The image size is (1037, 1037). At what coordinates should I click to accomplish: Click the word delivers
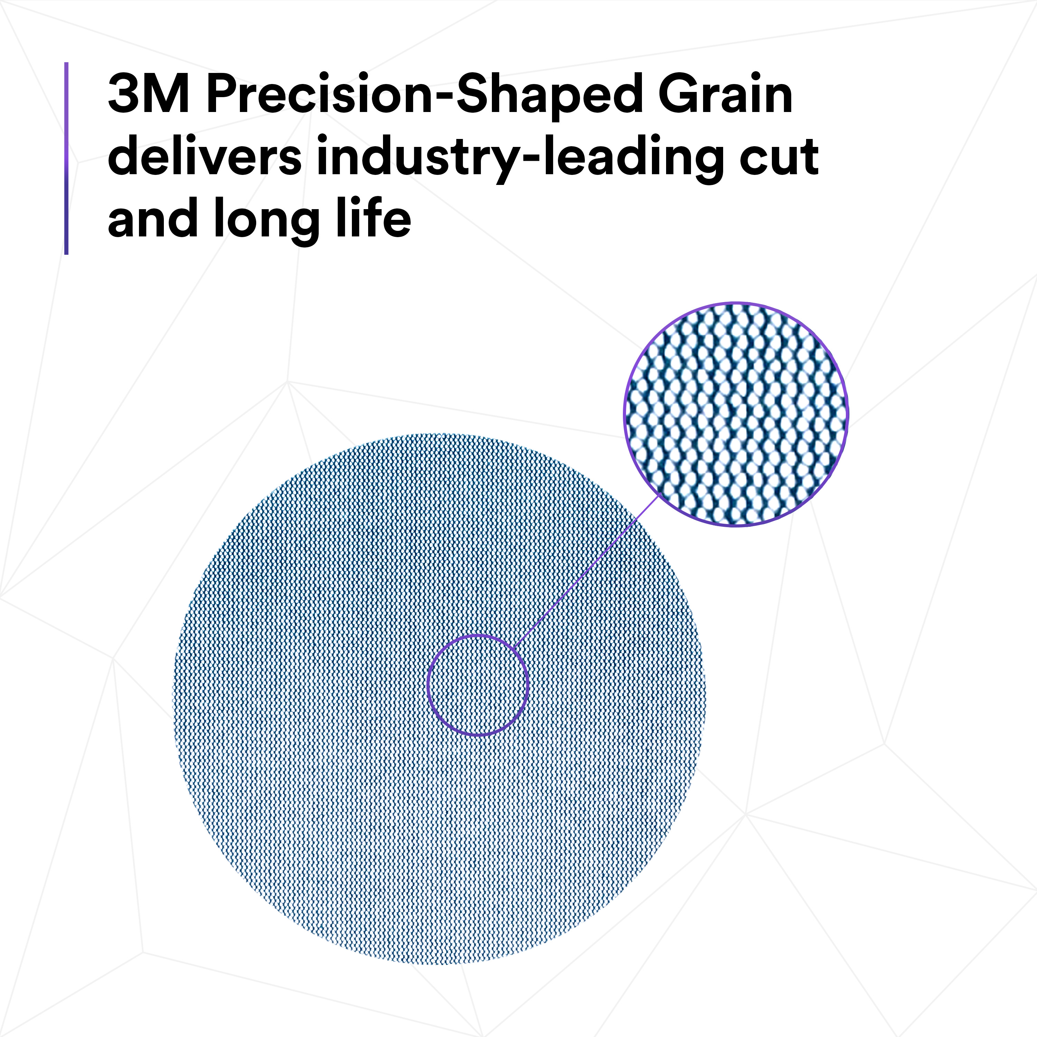[x=205, y=155]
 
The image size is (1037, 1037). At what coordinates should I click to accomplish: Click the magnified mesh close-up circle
[x=736, y=414]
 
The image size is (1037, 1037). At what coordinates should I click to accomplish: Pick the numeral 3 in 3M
[x=124, y=94]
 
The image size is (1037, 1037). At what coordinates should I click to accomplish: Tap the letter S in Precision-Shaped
[x=475, y=94]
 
